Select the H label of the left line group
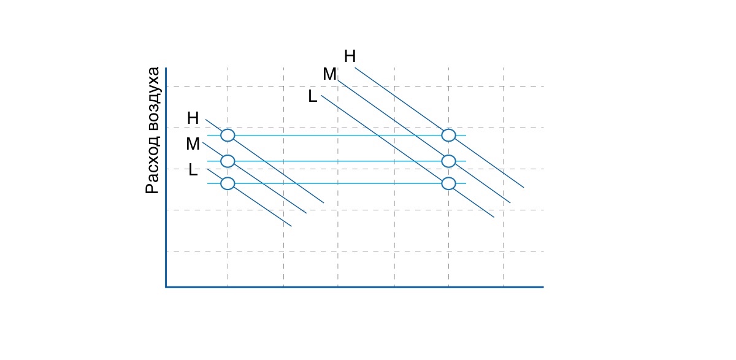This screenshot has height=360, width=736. point(193,118)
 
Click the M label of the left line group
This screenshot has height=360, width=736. point(193,144)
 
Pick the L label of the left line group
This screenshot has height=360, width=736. point(193,170)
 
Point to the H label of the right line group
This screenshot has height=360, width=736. point(350,56)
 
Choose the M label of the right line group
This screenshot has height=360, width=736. point(329,74)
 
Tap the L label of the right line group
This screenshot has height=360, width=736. point(312,96)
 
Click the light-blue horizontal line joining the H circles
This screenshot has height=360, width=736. point(337,136)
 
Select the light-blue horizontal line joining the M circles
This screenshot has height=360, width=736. point(337,161)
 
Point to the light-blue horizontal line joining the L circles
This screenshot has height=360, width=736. point(337,183)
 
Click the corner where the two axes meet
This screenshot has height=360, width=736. point(166,287)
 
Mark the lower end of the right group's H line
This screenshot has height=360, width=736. point(524,188)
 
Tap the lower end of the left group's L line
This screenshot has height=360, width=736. point(291,226)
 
